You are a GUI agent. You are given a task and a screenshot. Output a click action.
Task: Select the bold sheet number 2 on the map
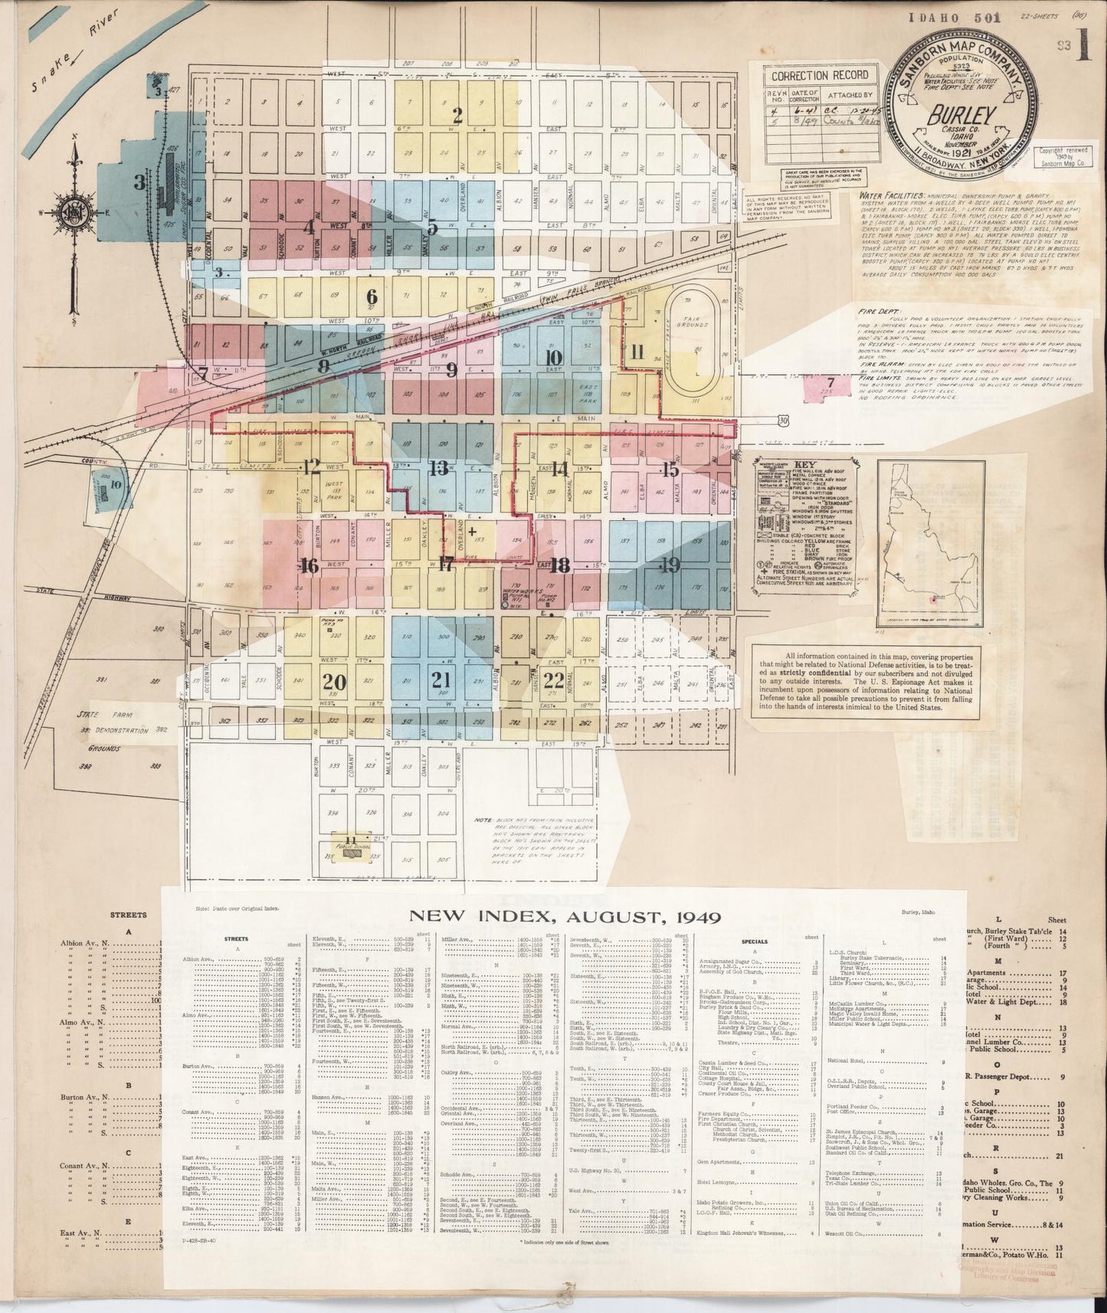(458, 116)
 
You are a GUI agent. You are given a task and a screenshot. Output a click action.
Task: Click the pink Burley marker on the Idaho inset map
(937, 601)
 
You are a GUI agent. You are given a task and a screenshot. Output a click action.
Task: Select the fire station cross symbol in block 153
(472, 530)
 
